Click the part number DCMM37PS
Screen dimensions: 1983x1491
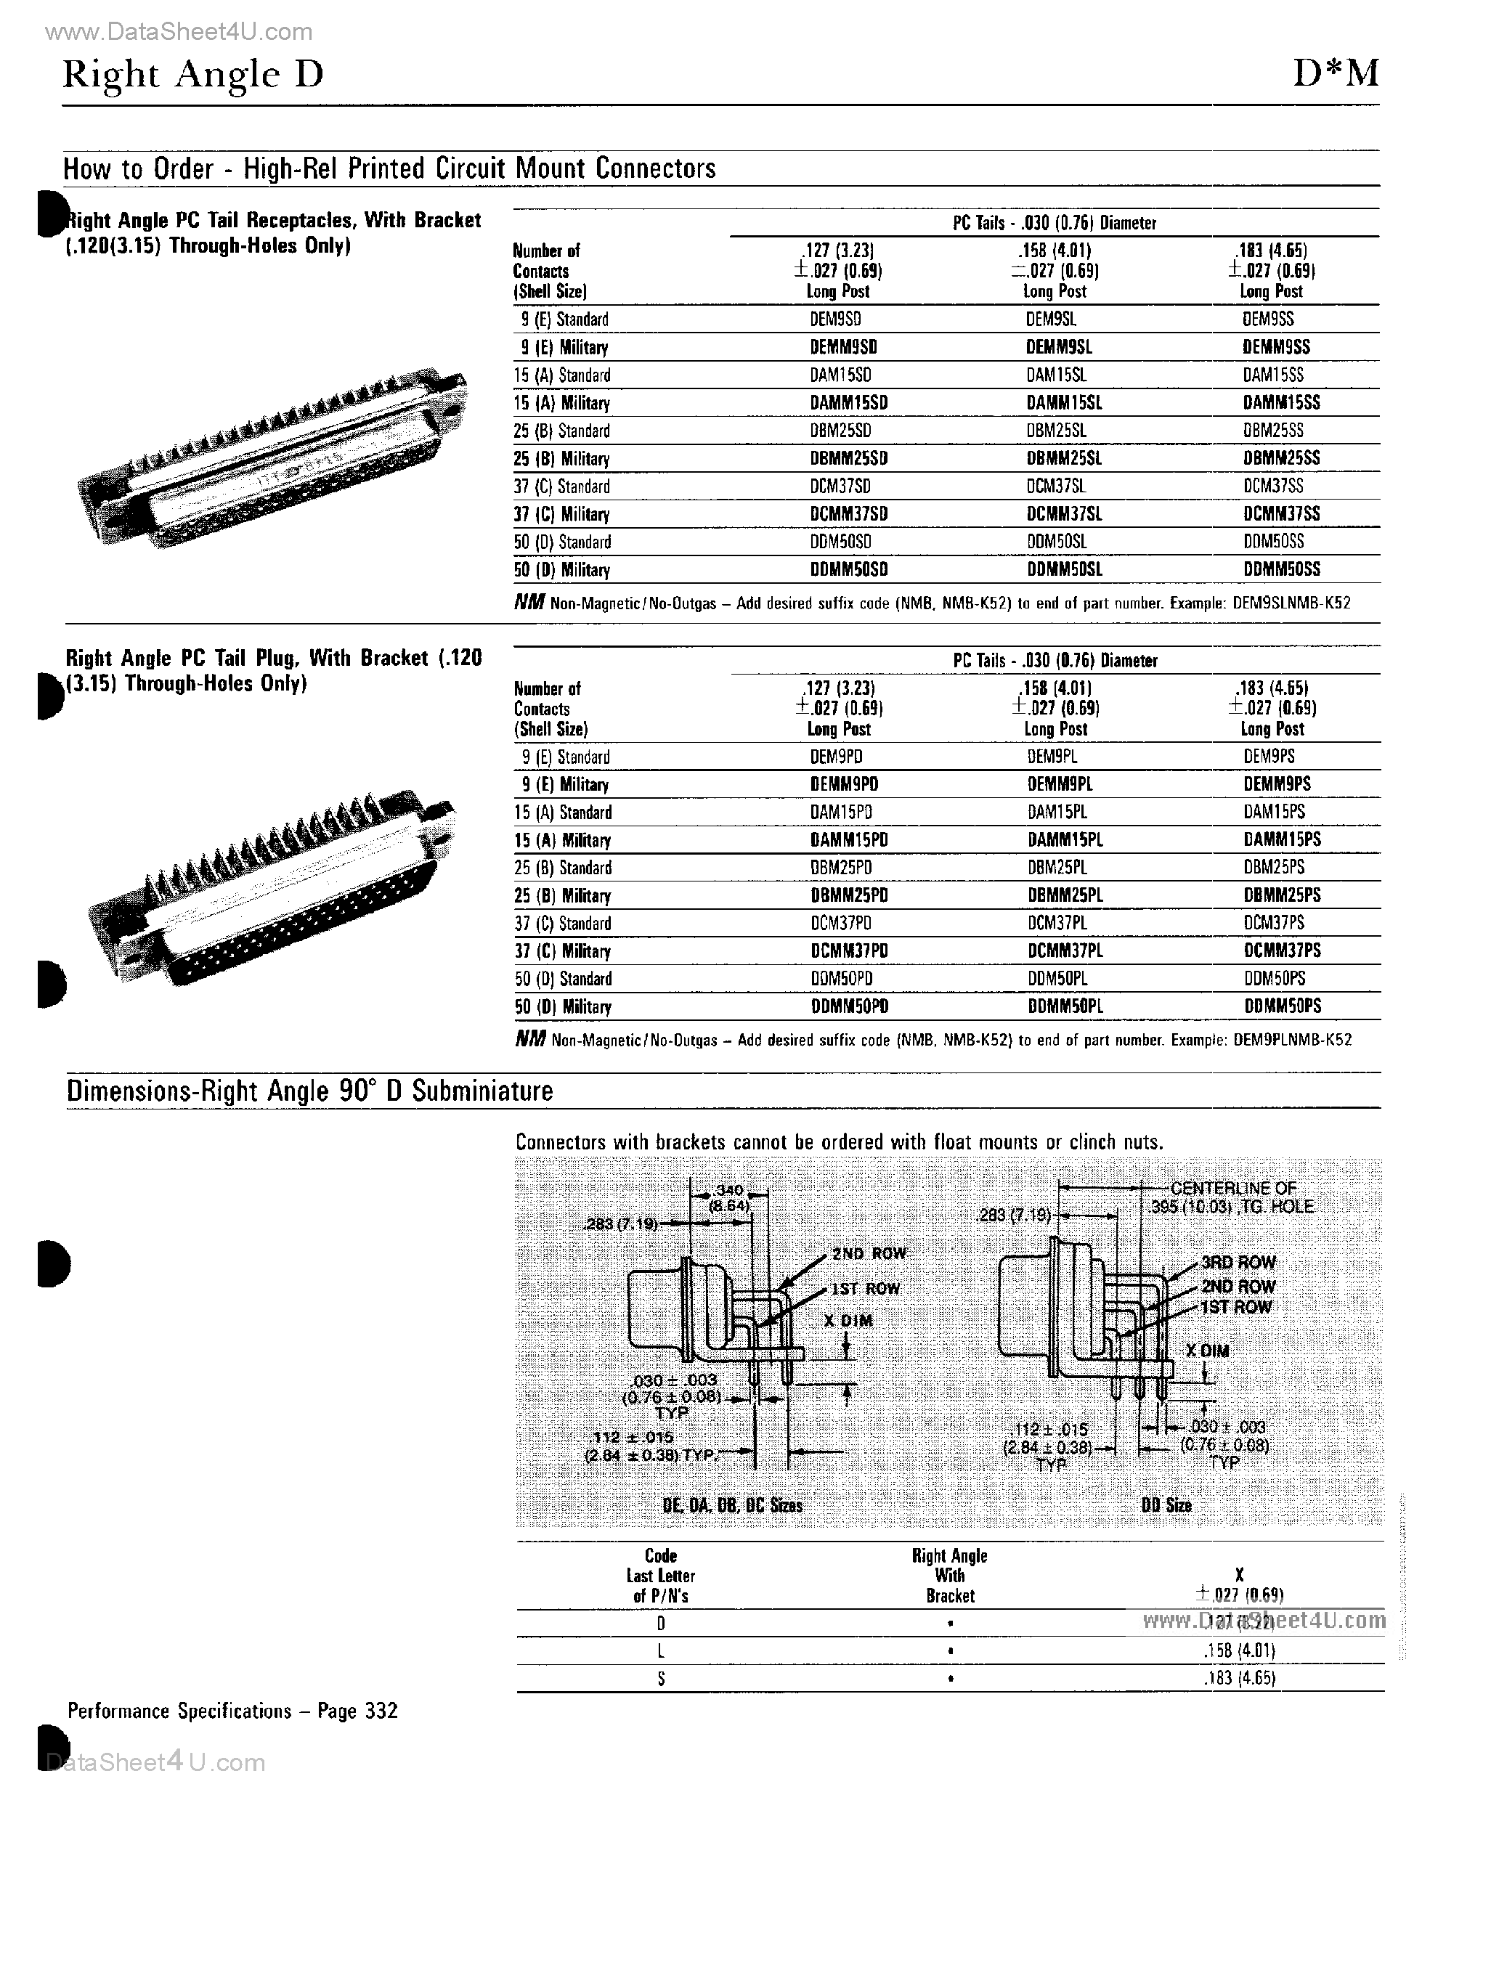pyautogui.click(x=1282, y=950)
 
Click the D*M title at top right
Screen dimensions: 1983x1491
pyautogui.click(x=1335, y=73)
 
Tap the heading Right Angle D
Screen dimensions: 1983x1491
pyautogui.click(x=192, y=74)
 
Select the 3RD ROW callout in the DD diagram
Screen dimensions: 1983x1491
pyautogui.click(x=1238, y=1262)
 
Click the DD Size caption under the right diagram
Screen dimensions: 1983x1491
pyautogui.click(x=1166, y=1505)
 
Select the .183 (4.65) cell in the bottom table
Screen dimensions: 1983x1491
pyautogui.click(x=1239, y=1678)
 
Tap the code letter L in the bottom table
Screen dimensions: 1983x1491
pyautogui.click(x=661, y=1650)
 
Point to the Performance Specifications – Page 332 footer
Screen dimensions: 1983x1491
pyautogui.click(x=232, y=1711)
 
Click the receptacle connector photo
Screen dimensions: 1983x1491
pyautogui.click(x=269, y=457)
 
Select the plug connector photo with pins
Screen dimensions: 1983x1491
pyautogui.click(x=269, y=887)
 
